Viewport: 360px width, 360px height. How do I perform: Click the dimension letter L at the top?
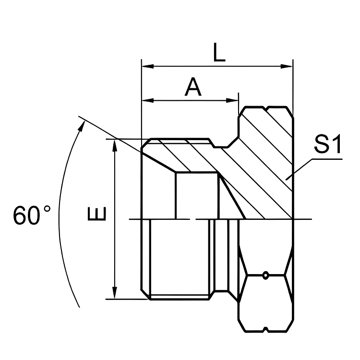[219, 53]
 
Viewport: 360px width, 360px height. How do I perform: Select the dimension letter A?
[192, 88]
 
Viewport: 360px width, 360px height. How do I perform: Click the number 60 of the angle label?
[27, 216]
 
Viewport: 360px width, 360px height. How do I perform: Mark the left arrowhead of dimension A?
[146, 100]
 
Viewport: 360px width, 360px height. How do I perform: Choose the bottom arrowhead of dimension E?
[115, 294]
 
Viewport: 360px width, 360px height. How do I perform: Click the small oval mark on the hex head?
[265, 276]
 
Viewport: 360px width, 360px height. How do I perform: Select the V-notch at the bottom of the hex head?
[265, 330]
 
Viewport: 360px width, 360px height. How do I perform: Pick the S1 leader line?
[312, 163]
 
